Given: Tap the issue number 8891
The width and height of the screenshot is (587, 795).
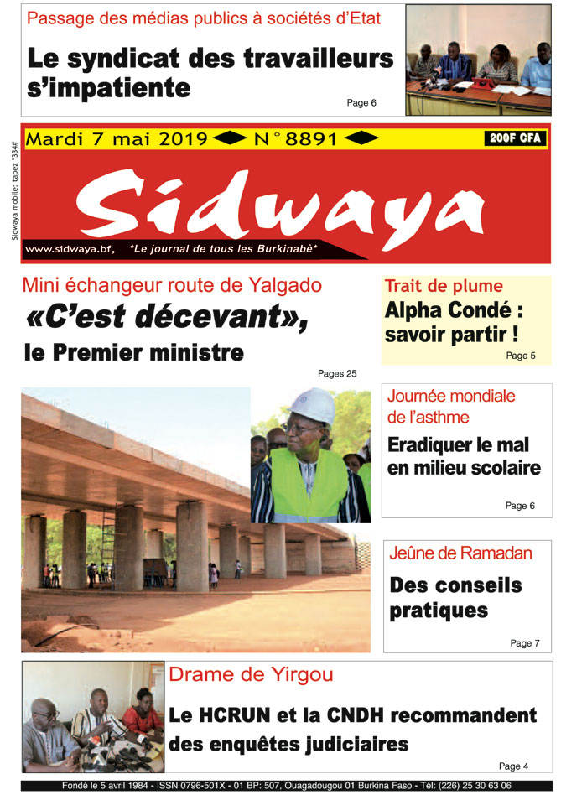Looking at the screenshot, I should (311, 140).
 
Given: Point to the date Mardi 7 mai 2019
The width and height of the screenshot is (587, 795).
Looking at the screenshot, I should (117, 140).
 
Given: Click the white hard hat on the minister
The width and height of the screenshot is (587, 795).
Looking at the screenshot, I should (314, 406).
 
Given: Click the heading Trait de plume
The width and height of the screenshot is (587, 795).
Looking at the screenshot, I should (444, 286).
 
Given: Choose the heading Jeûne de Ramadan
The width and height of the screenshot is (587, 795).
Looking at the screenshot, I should (460, 553).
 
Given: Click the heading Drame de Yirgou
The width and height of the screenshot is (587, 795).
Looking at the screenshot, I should (251, 674).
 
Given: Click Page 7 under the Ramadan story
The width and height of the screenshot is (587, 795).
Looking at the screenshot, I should (525, 643).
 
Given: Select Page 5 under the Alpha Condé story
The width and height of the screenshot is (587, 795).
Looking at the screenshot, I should (521, 356).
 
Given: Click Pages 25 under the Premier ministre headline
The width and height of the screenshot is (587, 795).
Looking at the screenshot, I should (337, 373).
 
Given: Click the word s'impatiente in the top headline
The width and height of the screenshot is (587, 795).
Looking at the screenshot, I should (109, 87).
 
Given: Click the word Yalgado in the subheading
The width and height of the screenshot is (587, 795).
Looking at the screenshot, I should (278, 285).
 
